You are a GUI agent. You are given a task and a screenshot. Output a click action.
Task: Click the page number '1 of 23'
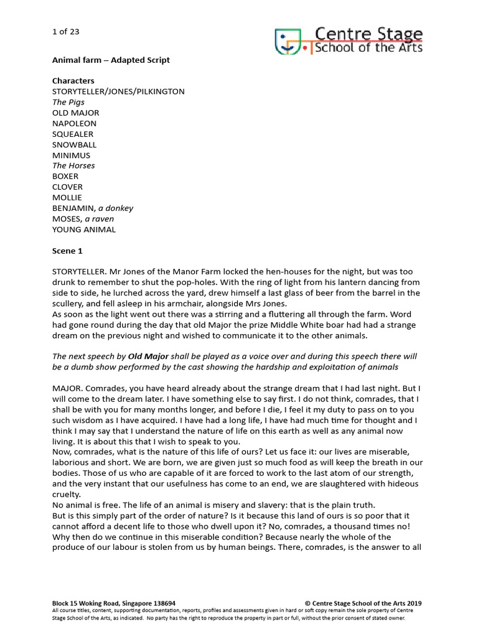coord(65,31)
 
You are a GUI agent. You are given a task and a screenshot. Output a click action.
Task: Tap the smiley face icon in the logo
coord(286,41)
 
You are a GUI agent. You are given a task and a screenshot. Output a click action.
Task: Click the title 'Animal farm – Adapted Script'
coord(111,60)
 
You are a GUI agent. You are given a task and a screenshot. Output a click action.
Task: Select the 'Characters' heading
coord(73,81)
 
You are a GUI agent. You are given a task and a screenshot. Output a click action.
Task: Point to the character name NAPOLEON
coord(75,123)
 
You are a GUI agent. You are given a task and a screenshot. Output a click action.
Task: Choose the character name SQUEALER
coord(73,134)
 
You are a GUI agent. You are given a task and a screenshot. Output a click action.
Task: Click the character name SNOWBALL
coord(75,144)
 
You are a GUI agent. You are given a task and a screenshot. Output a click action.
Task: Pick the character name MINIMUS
coord(72,155)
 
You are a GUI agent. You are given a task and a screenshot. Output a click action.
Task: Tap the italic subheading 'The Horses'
coord(73,165)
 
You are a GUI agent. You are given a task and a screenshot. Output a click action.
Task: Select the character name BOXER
coord(65,176)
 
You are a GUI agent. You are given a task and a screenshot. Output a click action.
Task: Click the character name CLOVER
coord(67,187)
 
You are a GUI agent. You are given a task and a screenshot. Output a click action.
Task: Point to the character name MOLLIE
coord(67,197)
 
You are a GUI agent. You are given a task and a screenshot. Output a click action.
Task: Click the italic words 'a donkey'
coord(116,208)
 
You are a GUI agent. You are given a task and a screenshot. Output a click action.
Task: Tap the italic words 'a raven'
coord(100,218)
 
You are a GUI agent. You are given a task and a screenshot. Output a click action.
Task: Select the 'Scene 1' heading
coord(67,251)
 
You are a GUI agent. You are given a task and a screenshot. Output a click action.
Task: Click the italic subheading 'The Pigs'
coord(68,102)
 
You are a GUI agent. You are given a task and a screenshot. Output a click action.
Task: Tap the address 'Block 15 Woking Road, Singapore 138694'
coord(114,603)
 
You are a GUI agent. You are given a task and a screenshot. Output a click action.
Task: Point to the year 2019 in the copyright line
coord(413,603)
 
